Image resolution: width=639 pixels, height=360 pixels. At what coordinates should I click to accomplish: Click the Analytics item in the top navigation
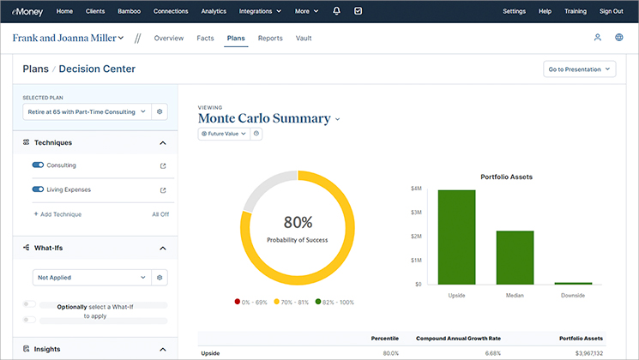tap(214, 11)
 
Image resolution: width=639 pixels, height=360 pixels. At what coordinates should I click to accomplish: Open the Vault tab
tap(304, 39)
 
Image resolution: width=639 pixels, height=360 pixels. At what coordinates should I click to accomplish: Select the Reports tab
tap(270, 39)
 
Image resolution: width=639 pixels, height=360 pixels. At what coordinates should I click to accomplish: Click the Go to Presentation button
tap(580, 69)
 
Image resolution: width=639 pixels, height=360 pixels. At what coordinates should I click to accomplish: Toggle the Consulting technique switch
tap(38, 165)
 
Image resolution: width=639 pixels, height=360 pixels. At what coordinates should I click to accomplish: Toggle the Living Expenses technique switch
tap(38, 190)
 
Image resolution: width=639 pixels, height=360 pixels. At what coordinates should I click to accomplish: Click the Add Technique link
tap(57, 214)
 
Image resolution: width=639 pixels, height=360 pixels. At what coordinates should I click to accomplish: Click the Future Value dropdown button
tap(224, 134)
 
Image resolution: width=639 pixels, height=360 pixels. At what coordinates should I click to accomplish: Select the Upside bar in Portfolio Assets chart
tap(456, 237)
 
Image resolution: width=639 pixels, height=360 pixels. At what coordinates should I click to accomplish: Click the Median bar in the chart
tap(515, 257)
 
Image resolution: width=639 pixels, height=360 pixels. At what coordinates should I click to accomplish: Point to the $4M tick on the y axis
tap(416, 188)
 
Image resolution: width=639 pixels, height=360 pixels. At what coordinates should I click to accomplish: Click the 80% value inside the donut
tap(298, 222)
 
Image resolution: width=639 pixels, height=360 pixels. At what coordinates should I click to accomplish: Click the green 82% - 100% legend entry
tap(335, 302)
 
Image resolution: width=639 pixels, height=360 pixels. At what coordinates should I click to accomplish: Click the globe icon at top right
tap(619, 38)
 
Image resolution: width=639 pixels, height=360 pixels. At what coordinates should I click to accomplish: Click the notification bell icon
tap(336, 11)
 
